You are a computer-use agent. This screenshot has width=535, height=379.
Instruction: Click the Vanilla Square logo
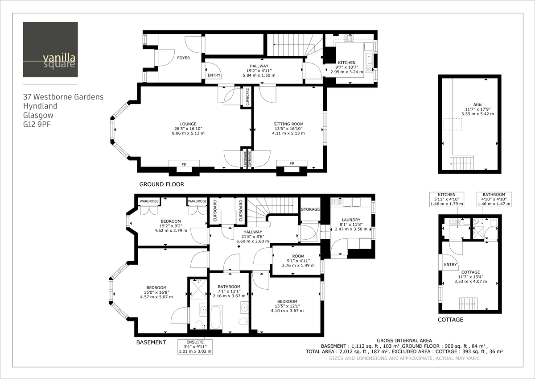pos(50,50)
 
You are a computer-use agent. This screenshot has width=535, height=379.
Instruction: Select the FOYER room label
pos(183,58)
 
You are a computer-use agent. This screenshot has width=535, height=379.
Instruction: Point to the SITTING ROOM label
pos(288,124)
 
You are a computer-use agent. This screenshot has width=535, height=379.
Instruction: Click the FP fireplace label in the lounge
pos(183,165)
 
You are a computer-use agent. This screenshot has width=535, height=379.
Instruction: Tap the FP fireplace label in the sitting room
pos(292,164)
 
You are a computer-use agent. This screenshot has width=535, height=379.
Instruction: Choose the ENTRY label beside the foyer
pos(214,75)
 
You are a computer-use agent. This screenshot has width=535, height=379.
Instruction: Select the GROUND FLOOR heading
pos(161,184)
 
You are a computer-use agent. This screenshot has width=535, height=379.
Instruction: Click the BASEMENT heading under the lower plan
pos(151,342)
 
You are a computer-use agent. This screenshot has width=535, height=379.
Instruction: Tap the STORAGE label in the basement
pos(310,209)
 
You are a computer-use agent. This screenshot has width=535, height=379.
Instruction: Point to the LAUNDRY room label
pos(351,220)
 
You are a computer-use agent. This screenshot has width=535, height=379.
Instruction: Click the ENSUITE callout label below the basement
pos(195,346)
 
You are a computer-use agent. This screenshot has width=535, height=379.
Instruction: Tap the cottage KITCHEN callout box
pos(446,199)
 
